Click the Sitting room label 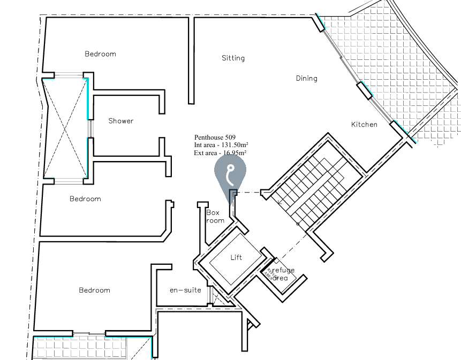click(x=233, y=58)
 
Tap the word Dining click(x=306, y=78)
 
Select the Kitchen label click(x=364, y=125)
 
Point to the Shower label click(x=121, y=121)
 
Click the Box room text click(x=215, y=216)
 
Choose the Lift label click(x=236, y=257)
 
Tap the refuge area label click(x=282, y=274)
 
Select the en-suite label click(x=185, y=290)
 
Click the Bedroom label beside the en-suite click(x=94, y=290)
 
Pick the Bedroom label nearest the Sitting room click(x=100, y=54)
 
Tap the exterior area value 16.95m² click(x=231, y=152)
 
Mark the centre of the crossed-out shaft click(x=65, y=127)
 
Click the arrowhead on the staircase click(x=281, y=203)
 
